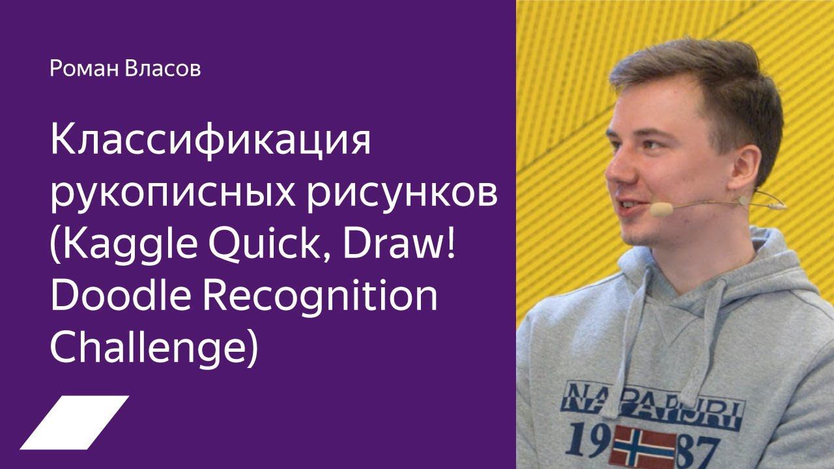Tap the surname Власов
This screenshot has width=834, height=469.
(163, 68)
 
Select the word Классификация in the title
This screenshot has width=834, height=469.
(210, 141)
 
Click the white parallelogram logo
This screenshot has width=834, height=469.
(74, 423)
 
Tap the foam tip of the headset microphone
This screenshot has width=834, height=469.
(661, 209)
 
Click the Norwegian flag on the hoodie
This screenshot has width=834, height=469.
(644, 446)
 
